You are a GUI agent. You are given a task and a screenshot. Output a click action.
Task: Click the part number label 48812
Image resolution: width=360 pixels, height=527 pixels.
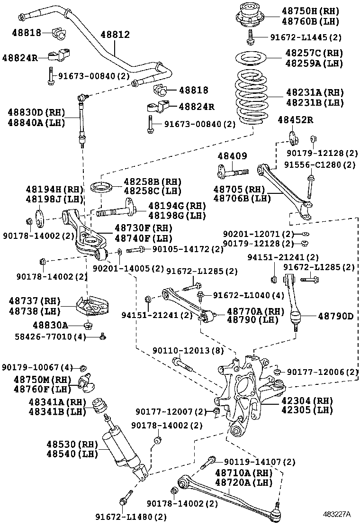115,35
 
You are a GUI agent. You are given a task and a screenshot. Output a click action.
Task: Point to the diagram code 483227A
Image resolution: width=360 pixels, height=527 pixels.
337,514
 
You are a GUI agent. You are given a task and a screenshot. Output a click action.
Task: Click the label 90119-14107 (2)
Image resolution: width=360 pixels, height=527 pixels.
260,461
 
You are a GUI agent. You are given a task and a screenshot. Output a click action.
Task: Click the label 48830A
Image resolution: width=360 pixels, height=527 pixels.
50,325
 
